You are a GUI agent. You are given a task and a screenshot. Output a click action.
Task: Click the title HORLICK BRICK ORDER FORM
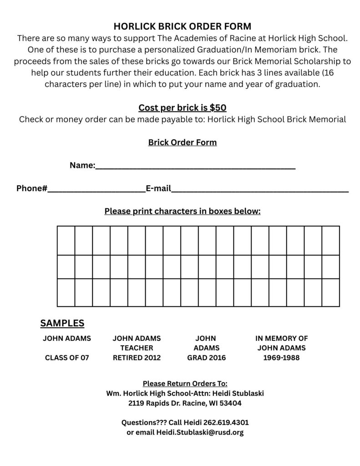(x=182, y=26)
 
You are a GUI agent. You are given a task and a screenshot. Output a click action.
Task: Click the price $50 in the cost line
(x=218, y=108)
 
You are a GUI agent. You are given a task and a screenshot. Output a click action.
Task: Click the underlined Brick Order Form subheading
(x=182, y=142)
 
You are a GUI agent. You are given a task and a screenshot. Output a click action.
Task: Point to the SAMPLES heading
(x=62, y=323)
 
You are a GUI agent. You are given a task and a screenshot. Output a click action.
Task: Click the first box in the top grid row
(x=66, y=240)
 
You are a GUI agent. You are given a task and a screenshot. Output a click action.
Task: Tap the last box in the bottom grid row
(x=330, y=292)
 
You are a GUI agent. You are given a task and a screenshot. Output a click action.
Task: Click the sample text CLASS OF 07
(x=67, y=358)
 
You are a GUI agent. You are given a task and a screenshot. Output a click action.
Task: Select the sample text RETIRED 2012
(x=137, y=358)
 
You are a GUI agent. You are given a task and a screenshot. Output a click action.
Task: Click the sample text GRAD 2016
(x=206, y=358)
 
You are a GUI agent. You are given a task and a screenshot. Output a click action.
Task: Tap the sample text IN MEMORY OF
(x=281, y=338)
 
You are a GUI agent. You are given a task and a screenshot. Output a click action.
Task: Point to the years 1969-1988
(x=281, y=358)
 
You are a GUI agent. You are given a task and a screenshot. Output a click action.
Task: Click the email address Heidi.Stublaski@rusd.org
(x=200, y=432)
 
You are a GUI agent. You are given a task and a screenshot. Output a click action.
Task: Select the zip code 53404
(x=232, y=403)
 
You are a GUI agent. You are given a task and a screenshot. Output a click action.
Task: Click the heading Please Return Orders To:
(x=185, y=383)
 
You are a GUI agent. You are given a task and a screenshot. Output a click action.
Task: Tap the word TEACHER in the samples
(x=137, y=348)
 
